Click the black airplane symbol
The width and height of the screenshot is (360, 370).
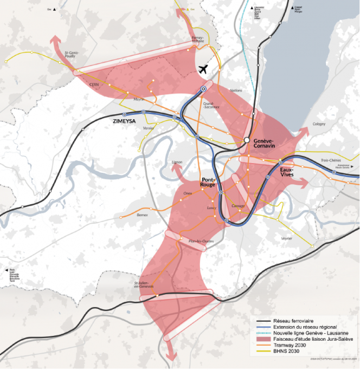tap(204, 69)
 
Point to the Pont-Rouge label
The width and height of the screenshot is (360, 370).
tap(209, 182)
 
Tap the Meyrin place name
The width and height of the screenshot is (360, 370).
tap(139, 100)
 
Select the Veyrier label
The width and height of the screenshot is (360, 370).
tap(287, 238)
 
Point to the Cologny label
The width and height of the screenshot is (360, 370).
tap(319, 124)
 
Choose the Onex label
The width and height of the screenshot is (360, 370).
tap(189, 193)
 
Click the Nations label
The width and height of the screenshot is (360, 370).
tap(236, 90)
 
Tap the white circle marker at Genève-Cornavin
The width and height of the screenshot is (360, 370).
tap(247, 140)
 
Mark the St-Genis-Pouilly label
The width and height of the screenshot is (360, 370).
tap(74, 54)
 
